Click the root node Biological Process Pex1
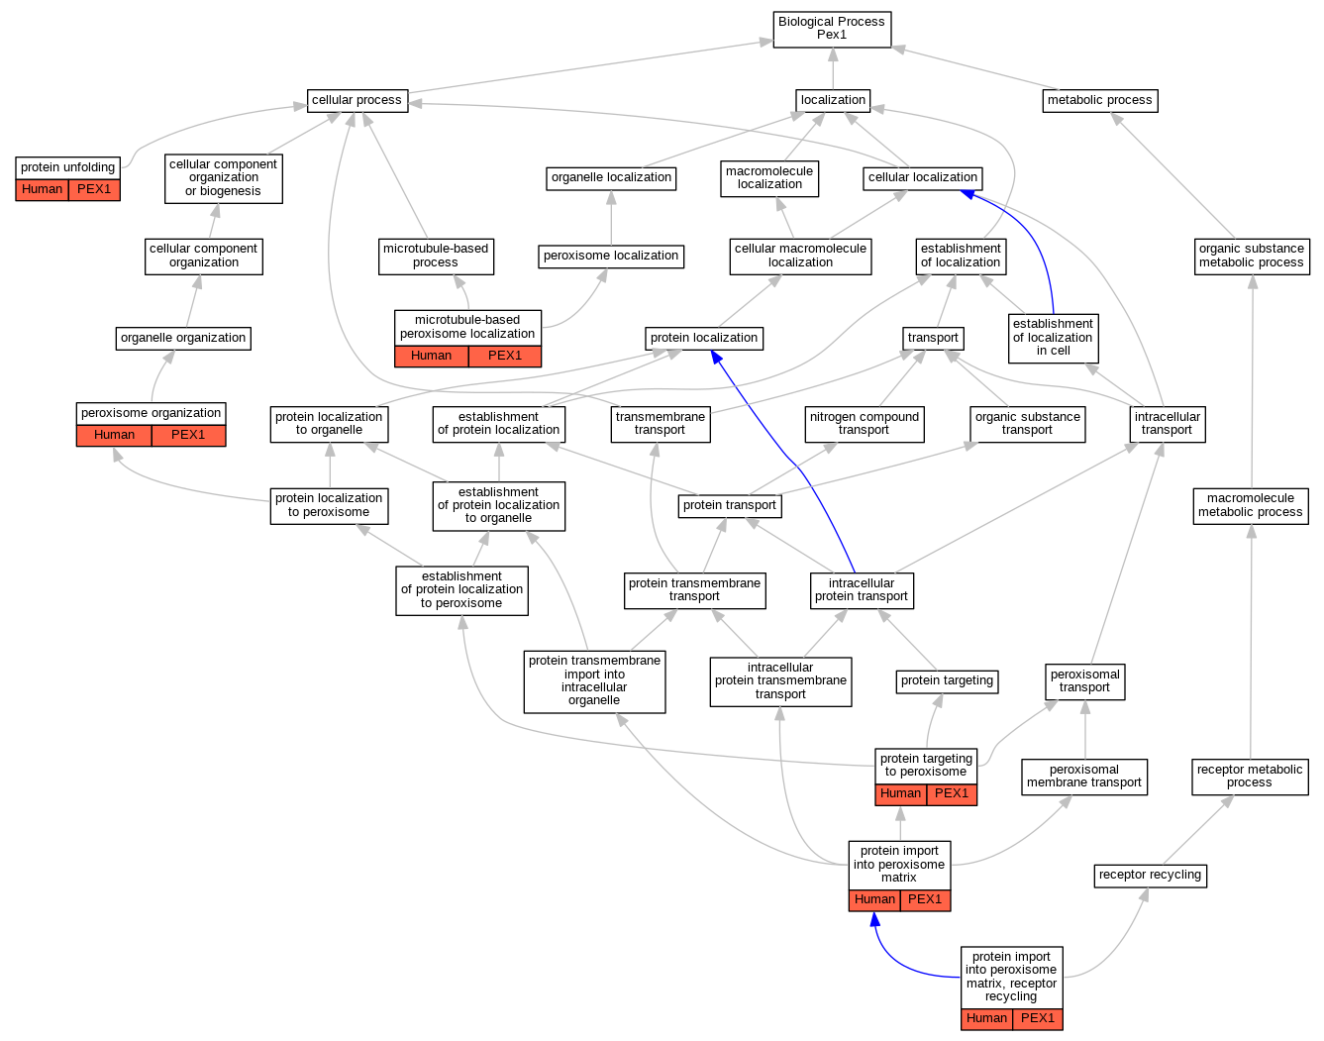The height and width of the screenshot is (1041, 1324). pyautogui.click(x=832, y=29)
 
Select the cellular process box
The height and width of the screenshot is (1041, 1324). pyautogui.click(x=356, y=100)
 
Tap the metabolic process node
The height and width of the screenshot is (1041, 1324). pyautogui.click(x=1099, y=100)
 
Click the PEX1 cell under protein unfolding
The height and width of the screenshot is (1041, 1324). pyautogui.click(x=94, y=189)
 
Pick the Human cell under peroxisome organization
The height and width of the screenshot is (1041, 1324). pyautogui.click(x=114, y=435)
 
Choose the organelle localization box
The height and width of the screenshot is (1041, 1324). pyautogui.click(x=611, y=178)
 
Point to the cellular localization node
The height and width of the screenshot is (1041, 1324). pyautogui.click(x=922, y=178)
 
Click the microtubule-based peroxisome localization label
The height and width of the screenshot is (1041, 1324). pyautogui.click(x=467, y=327)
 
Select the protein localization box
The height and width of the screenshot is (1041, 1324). pyautogui.click(x=704, y=338)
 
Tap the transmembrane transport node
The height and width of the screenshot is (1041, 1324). pyautogui.click(x=661, y=424)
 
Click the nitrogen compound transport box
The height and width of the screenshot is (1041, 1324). pyautogui.click(x=864, y=424)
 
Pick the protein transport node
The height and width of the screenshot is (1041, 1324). pyautogui.click(x=730, y=505)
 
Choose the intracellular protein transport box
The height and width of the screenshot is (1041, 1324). pyautogui.click(x=862, y=590)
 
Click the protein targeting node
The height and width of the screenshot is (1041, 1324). pyautogui.click(x=947, y=680)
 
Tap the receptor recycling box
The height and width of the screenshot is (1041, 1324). pyautogui.click(x=1150, y=876)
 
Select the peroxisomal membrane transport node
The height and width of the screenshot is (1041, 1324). pyautogui.click(x=1084, y=777)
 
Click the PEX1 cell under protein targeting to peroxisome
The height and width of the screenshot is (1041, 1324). pyautogui.click(x=951, y=793)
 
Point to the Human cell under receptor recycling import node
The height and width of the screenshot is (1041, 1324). pyautogui.click(x=986, y=1018)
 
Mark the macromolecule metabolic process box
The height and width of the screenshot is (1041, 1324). pyautogui.click(x=1251, y=505)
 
